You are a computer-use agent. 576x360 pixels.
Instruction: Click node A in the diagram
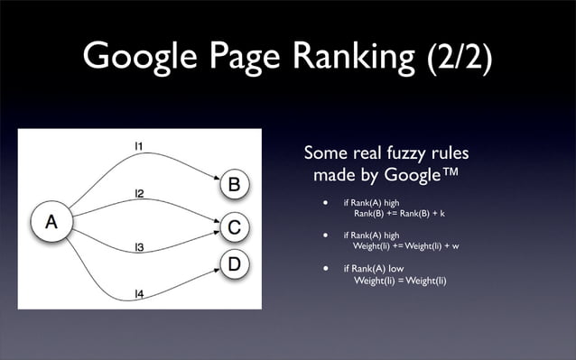51,222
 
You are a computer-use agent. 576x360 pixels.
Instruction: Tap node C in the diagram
233,227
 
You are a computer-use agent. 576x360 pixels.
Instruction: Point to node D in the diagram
233,264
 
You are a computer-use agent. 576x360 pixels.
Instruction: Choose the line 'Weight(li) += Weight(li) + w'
406,246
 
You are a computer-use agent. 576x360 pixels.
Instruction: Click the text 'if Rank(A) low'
373,269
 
